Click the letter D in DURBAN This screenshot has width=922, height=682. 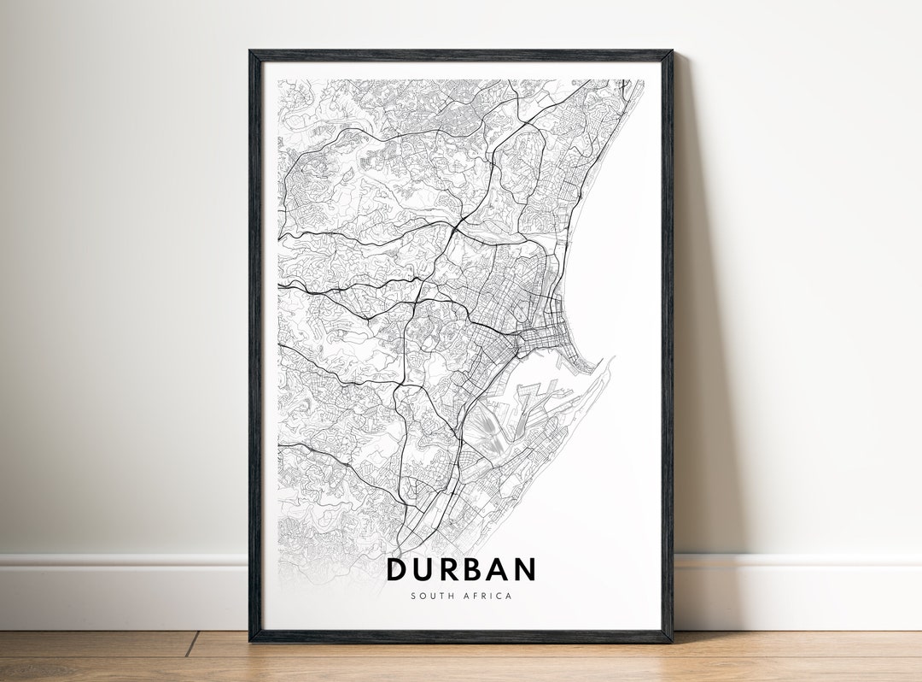(398, 569)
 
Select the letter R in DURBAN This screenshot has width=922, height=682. (454, 569)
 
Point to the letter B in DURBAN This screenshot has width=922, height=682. (480, 569)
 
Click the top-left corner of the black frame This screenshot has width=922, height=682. (251, 52)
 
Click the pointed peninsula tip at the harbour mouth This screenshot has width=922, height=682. (611, 359)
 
